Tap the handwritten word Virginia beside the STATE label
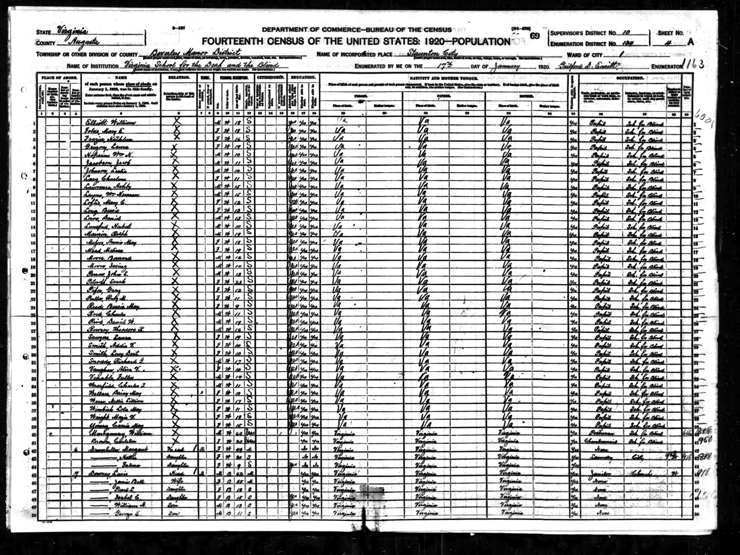[x=72, y=31]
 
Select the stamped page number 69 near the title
[x=535, y=36]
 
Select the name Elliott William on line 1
[x=110, y=123]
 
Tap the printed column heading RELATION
[x=178, y=77]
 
